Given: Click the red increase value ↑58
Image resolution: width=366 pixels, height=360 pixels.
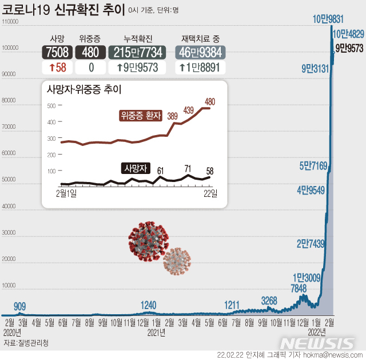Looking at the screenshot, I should [57, 68].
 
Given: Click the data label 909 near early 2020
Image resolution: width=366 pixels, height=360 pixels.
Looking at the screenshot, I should [20, 306].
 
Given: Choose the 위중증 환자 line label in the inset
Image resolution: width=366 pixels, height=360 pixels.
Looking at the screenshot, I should [141, 115].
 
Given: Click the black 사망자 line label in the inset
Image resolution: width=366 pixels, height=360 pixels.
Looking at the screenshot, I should [134, 168].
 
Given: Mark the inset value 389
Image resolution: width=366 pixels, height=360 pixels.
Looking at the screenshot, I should [172, 116].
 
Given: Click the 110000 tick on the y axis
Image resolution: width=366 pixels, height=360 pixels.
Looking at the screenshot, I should [11, 22].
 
